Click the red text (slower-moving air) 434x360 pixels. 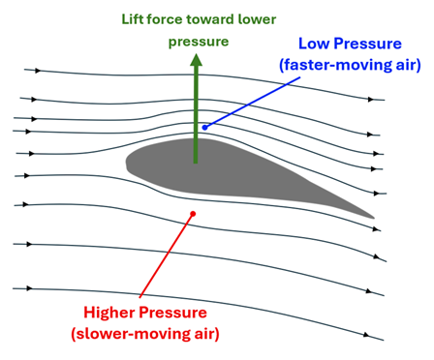coord(143,334)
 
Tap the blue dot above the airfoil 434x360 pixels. coord(204,127)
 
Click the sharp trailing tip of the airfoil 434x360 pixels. coord(373,216)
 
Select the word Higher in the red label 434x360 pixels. coord(112,313)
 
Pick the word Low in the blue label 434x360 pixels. coord(315,45)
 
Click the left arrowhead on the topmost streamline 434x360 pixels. coord(39,71)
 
